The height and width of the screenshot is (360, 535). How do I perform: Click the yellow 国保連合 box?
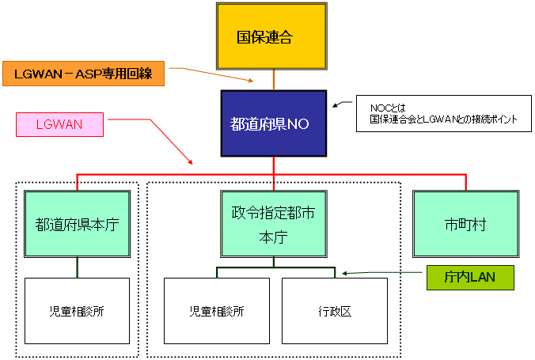tap(273, 36)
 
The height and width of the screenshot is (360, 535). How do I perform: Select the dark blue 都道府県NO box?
tap(273, 123)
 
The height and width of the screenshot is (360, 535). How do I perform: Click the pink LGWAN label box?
tap(59, 124)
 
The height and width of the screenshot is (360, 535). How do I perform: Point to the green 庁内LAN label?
tap(470, 277)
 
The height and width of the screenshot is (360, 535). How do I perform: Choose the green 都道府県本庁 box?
tap(77, 224)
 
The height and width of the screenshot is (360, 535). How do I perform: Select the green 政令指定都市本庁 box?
tap(274, 223)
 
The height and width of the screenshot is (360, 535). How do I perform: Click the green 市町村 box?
tap(465, 224)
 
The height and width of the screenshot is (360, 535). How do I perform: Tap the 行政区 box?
tap(335, 310)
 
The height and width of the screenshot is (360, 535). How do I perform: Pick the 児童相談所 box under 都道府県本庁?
tap(77, 310)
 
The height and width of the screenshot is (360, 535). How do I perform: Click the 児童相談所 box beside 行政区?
tap(217, 310)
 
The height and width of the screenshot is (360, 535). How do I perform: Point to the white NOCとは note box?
tap(443, 114)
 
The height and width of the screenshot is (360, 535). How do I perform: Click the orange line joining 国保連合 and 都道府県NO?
tap(274, 79)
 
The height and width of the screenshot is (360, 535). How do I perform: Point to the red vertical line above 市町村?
tap(466, 181)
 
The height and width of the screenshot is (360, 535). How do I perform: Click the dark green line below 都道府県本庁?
tap(77, 267)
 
